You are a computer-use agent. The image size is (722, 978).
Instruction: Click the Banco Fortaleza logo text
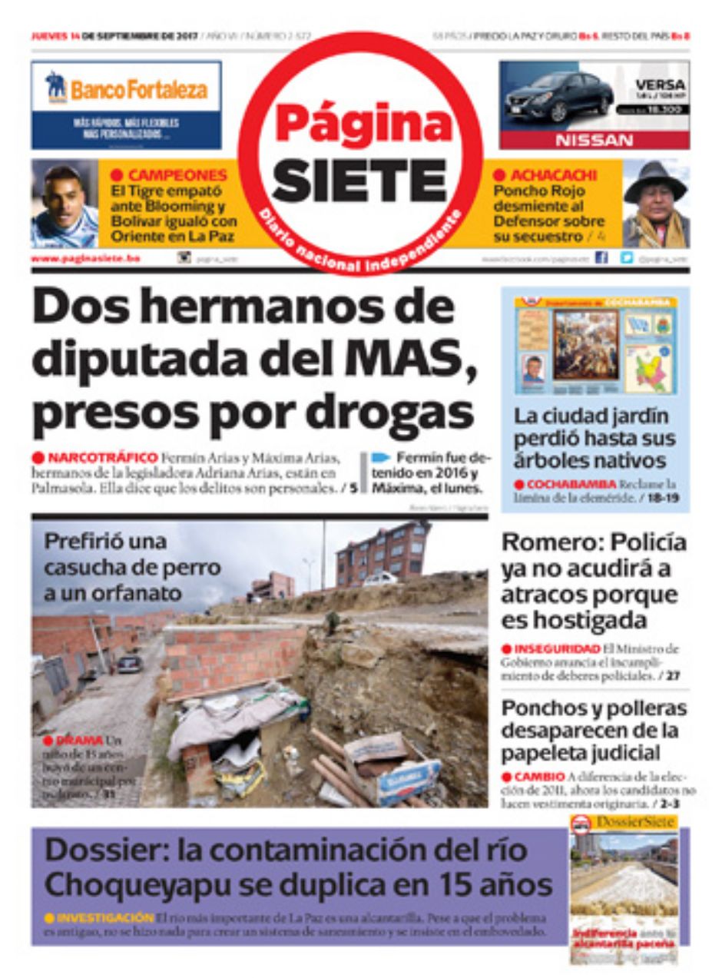point(138,90)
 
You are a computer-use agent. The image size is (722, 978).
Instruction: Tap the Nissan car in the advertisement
point(558,96)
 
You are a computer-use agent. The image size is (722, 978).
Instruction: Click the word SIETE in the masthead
point(359,182)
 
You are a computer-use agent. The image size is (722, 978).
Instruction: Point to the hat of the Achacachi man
point(654,178)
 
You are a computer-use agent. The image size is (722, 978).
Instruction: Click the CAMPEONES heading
point(177,175)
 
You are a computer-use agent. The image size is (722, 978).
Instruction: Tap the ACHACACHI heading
point(545,175)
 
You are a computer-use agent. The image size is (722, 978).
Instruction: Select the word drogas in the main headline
point(407,413)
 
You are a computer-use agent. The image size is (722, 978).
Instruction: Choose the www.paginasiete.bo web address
point(85,259)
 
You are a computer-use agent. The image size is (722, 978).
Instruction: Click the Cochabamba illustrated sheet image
point(595,346)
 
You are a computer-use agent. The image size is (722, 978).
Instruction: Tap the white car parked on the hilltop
point(379,579)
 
